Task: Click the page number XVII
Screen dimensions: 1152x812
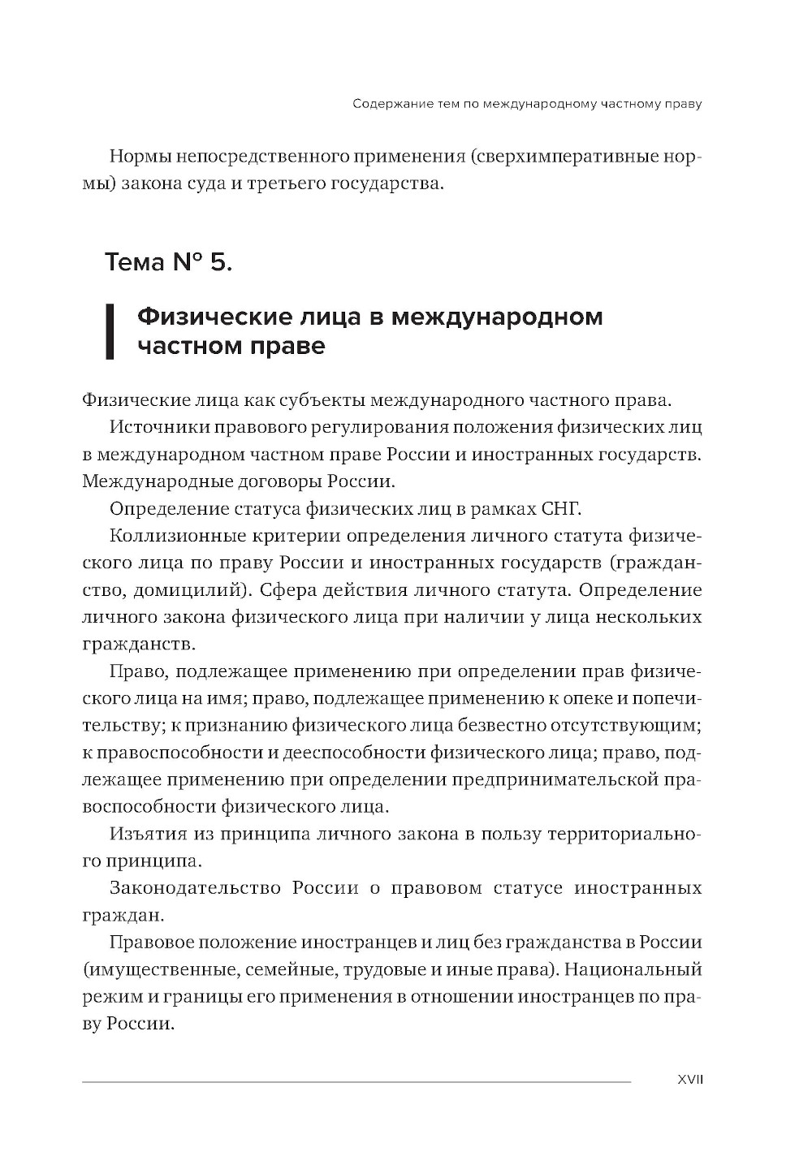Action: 689,1080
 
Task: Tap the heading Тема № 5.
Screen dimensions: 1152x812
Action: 169,262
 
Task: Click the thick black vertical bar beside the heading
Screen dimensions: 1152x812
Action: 110,330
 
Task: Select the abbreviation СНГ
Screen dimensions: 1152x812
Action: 561,509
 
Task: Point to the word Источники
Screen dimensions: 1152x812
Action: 160,427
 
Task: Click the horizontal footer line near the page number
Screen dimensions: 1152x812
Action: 356,1081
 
